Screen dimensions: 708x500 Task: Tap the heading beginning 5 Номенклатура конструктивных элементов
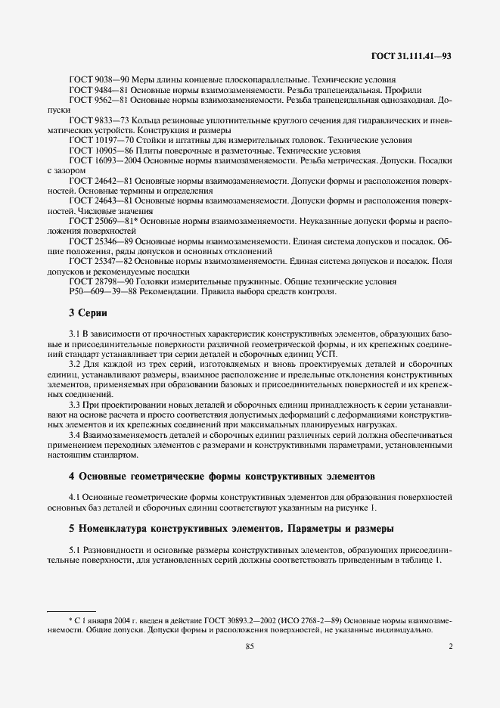pyautogui.click(x=226, y=527)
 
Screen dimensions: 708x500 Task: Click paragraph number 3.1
pyautogui.click(x=74, y=334)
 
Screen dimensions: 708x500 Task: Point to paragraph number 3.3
pyautogui.click(x=74, y=405)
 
